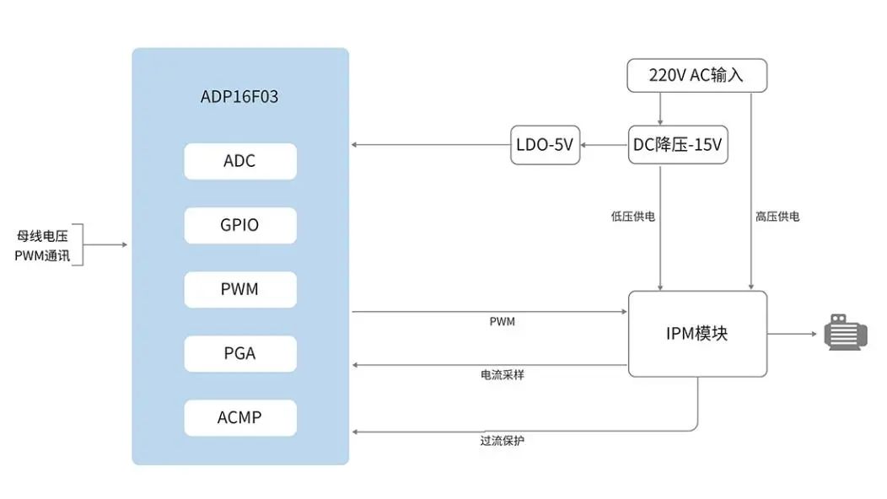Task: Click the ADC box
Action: coord(240,161)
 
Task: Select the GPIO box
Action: coord(240,225)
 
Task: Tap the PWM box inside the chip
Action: coord(240,289)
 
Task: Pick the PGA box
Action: coord(240,353)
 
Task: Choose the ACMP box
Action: coord(240,417)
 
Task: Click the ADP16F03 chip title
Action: coord(239,97)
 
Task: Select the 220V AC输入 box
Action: coord(696,75)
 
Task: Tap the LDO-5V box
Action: coord(545,145)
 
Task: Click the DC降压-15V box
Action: coord(678,145)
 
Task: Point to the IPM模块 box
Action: coord(696,334)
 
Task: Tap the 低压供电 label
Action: coord(633,217)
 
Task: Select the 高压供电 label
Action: coord(777,217)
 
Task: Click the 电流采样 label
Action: coord(503,374)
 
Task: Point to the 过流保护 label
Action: coord(503,440)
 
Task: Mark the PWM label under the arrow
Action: coord(502,322)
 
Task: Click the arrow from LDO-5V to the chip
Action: coord(430,145)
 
